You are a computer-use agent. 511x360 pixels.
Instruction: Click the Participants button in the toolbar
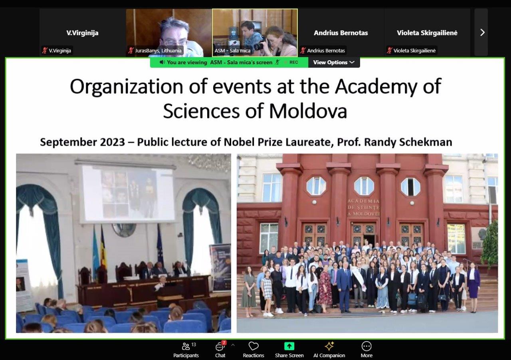(186, 350)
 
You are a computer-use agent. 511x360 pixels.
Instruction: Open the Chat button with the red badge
(220, 350)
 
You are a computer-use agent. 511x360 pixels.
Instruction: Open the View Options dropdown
(334, 62)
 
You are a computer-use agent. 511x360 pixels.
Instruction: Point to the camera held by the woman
(261, 44)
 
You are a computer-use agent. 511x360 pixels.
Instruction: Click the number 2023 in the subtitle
(113, 142)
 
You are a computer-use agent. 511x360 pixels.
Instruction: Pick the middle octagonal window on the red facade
(364, 186)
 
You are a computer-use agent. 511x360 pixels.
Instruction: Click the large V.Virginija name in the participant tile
(82, 33)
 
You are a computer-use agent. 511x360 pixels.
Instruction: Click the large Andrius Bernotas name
(341, 33)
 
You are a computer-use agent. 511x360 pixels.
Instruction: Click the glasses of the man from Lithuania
(175, 43)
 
